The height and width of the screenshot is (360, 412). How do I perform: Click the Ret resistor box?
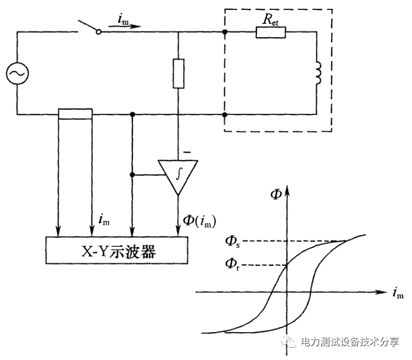(x=270, y=32)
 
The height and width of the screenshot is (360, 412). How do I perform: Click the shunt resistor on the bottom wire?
(x=76, y=114)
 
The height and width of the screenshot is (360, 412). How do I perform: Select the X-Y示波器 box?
(x=116, y=251)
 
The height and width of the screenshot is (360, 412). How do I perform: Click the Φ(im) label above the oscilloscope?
(x=197, y=221)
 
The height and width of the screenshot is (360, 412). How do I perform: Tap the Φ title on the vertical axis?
(x=277, y=195)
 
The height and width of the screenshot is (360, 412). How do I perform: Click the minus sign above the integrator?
(x=187, y=153)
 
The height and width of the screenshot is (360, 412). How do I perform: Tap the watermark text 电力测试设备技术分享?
(x=348, y=342)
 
